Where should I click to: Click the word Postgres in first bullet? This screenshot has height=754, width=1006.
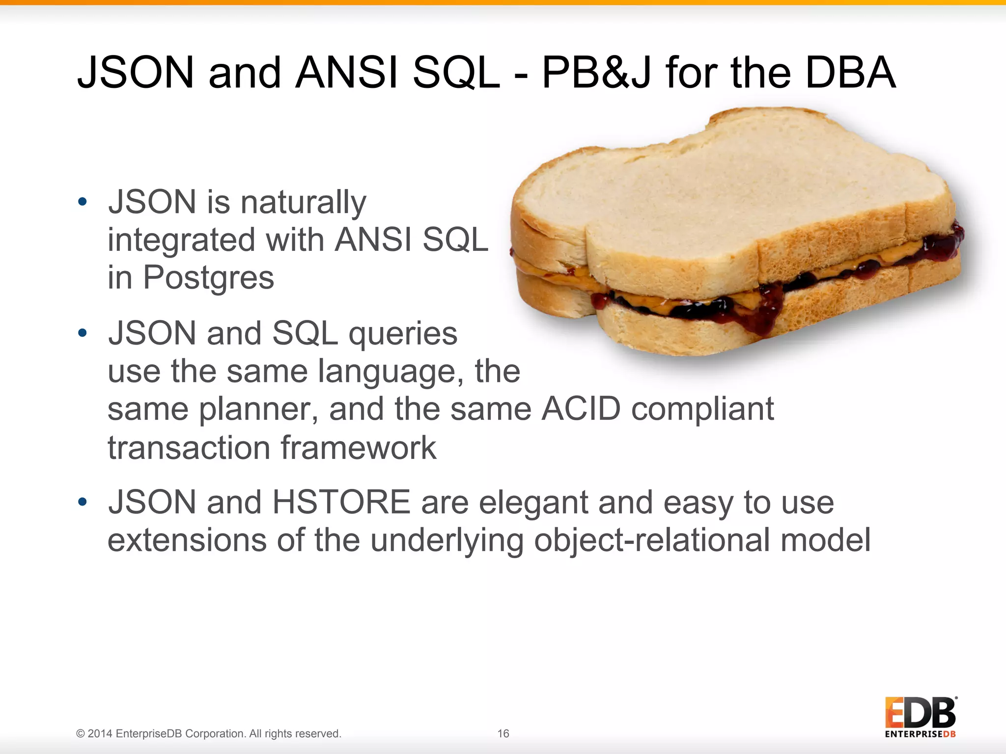point(208,278)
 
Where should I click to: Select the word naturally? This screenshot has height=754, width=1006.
point(303,203)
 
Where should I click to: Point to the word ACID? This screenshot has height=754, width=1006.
point(581,409)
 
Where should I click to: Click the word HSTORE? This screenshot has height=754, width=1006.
point(341,502)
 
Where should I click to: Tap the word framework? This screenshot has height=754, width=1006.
point(358,448)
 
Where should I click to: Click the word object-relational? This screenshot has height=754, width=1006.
point(652,540)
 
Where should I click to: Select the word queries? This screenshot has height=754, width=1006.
point(403,334)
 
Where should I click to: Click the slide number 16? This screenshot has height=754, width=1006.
point(503,733)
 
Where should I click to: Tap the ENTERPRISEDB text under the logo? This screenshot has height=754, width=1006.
point(920,734)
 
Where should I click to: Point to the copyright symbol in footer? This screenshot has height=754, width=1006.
point(81,734)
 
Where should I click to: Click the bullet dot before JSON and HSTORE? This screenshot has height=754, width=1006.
point(83,502)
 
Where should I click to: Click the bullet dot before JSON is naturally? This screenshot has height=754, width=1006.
point(83,201)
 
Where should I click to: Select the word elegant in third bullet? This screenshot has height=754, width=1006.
point(533,503)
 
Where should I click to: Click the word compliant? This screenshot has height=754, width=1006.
point(702,410)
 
